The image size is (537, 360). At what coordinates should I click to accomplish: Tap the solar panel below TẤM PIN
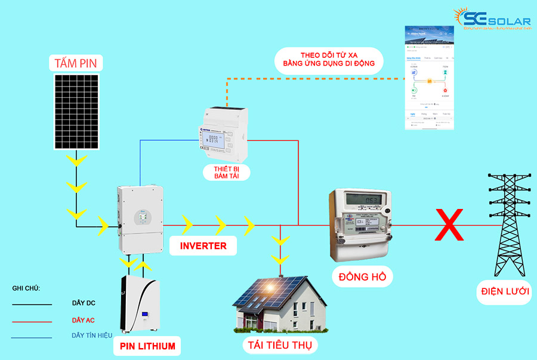[78, 112]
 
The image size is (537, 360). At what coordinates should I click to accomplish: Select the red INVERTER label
[203, 245]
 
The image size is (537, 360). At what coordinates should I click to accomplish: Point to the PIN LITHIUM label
[147, 346]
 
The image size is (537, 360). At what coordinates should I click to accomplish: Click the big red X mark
[450, 224]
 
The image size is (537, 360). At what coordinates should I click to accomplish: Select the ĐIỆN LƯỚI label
[507, 292]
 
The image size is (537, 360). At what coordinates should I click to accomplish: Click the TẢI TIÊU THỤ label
[280, 345]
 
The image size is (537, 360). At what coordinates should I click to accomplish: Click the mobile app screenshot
[430, 78]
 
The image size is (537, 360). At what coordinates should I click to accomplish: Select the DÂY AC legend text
[83, 321]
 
